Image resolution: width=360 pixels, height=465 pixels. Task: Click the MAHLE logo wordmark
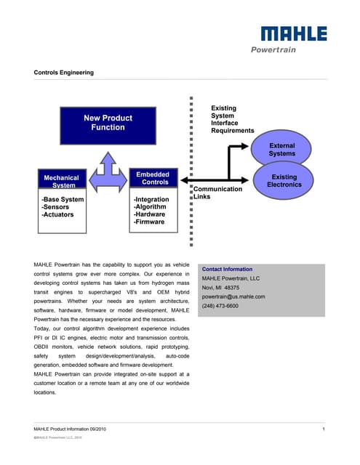click(x=294, y=34)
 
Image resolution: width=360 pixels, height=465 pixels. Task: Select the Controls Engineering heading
click(x=64, y=73)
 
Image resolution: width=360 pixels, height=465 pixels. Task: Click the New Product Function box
click(x=108, y=123)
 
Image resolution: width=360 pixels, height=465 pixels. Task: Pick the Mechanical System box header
click(x=61, y=181)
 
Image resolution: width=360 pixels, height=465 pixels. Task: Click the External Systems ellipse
click(x=281, y=150)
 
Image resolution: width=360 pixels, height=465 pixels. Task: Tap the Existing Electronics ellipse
click(x=284, y=180)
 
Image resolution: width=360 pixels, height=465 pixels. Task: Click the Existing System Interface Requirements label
click(x=231, y=120)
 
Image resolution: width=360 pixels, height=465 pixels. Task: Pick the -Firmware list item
click(x=149, y=222)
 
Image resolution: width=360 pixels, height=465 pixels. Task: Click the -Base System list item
click(x=63, y=199)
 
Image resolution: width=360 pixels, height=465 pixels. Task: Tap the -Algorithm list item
click(x=151, y=207)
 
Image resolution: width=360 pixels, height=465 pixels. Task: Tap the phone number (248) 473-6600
click(x=220, y=306)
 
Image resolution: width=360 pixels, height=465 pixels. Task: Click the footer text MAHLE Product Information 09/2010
click(x=75, y=432)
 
